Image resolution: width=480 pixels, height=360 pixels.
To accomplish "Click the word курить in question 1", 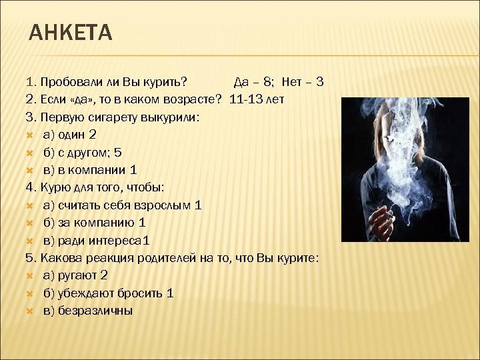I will pyautogui.click(x=170, y=83).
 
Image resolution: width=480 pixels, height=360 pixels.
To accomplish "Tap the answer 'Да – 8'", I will pyautogui.click(x=253, y=83).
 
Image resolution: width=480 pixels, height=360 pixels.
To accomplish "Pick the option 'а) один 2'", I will pyautogui.click(x=69, y=135).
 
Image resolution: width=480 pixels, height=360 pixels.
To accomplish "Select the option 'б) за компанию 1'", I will pyautogui.click(x=94, y=223).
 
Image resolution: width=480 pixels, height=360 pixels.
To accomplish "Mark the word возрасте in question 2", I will pyautogui.click(x=196, y=100).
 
